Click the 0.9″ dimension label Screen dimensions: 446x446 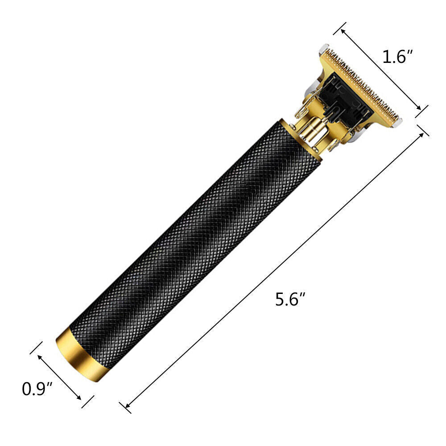pyautogui.click(x=38, y=388)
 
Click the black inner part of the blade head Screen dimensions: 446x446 pyautogui.click(x=343, y=100)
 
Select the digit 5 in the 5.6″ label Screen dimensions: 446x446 pyautogui.click(x=280, y=299)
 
